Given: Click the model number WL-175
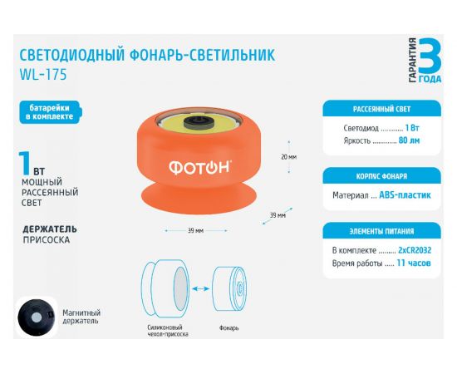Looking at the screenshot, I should [42, 74].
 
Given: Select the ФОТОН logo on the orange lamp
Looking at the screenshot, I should [199, 167].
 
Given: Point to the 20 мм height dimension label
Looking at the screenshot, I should [288, 156].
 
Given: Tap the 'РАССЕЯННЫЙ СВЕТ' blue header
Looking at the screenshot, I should [381, 108].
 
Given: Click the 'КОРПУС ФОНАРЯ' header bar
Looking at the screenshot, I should [381, 176].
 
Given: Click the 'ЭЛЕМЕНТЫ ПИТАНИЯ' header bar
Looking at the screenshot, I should [381, 231].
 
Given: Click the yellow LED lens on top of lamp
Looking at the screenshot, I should [197, 123].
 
